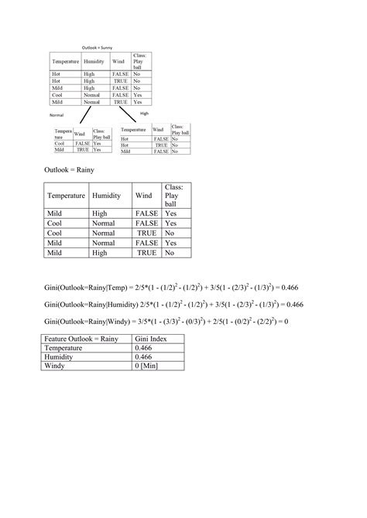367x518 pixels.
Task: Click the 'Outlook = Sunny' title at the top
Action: point(101,48)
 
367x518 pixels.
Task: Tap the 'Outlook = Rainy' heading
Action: point(70,169)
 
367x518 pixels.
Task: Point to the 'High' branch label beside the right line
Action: point(144,113)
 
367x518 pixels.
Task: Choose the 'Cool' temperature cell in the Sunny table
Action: point(56,94)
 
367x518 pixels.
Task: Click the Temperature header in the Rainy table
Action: point(66,196)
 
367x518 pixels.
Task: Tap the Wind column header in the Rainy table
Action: point(144,196)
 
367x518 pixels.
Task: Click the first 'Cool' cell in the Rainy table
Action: point(56,223)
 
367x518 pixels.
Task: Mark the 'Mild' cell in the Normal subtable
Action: point(59,149)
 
